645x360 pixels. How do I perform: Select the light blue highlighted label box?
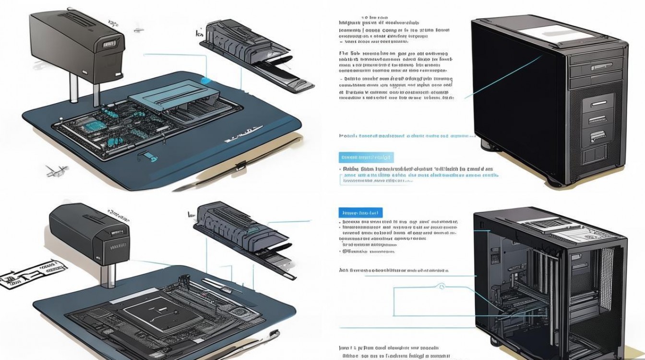pos(366,157)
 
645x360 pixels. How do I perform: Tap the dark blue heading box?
pos(360,212)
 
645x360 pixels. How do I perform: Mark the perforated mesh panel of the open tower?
pos(607,269)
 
